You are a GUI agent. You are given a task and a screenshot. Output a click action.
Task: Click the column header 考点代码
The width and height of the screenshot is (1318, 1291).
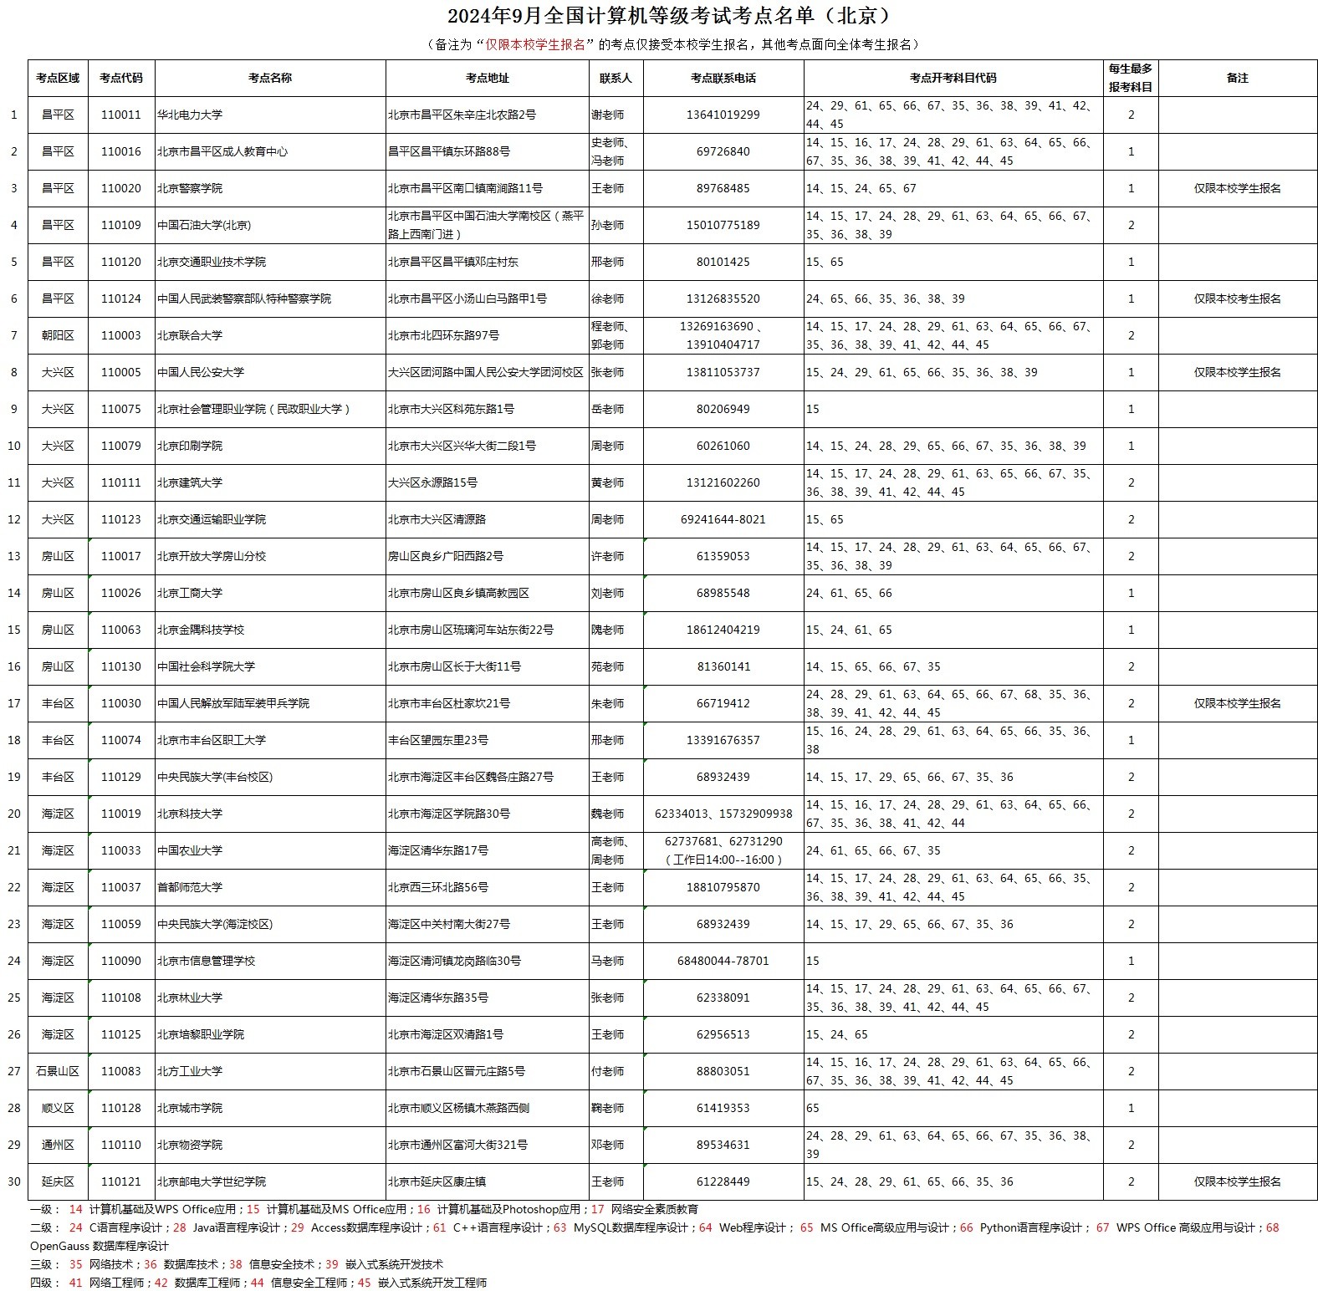pos(120,78)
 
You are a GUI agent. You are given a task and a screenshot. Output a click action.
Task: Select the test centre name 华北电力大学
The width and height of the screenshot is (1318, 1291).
pos(190,115)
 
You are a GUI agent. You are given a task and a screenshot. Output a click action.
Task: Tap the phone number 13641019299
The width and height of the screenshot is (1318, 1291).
pos(723,115)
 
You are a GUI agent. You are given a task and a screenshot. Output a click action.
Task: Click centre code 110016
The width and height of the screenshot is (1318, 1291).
pos(120,151)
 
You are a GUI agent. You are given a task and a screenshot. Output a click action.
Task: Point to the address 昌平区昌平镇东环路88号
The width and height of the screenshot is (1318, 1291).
pos(449,151)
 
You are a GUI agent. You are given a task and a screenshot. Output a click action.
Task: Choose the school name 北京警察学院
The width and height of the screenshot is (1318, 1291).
pos(190,188)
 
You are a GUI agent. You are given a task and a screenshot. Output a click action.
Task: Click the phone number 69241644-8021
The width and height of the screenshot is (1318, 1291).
pos(723,519)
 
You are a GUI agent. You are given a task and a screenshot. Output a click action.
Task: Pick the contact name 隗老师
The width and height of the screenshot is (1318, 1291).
pos(607,630)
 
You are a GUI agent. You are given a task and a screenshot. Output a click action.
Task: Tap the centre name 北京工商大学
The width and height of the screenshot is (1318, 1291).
pos(190,593)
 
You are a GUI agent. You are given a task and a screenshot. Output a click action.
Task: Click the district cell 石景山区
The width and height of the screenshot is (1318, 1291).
pos(58,1071)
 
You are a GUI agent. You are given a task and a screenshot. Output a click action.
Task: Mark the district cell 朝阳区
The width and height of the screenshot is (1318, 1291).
pos(58,335)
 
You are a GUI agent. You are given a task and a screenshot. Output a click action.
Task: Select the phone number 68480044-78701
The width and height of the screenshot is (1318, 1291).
pos(723,961)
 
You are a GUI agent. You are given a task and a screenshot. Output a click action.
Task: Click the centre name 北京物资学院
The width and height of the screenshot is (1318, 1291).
pos(190,1145)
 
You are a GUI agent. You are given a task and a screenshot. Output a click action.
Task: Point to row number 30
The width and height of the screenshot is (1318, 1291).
pos(14,1181)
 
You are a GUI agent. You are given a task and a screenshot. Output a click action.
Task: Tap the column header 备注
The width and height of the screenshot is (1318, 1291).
pos(1237,78)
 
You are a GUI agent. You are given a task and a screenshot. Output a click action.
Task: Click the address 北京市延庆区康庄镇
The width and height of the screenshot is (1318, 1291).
pos(437,1181)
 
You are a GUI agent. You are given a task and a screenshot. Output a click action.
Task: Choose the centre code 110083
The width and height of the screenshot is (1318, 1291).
pos(120,1071)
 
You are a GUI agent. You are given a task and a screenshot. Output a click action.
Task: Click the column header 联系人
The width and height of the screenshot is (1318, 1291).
pos(616,78)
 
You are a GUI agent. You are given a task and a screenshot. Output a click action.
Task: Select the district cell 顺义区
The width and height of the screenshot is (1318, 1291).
pos(58,1108)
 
